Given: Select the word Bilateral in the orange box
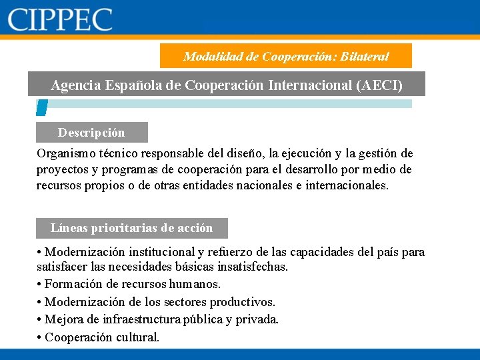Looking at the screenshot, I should [x=364, y=57].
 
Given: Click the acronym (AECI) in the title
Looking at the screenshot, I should [x=380, y=85].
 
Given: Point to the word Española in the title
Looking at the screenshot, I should [x=131, y=85].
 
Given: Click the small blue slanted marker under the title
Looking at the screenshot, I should [x=41, y=107].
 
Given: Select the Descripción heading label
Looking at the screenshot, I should [x=91, y=133].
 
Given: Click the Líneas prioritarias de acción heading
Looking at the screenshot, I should [x=131, y=228].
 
